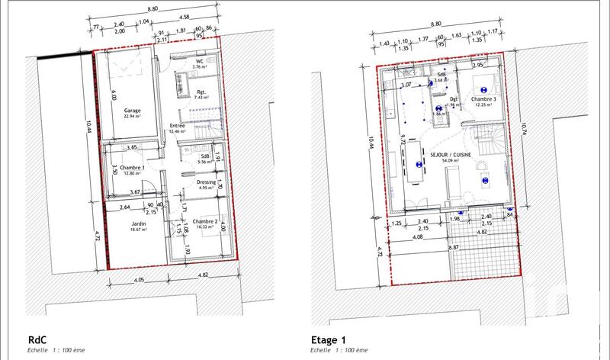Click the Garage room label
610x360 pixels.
(x=132, y=110)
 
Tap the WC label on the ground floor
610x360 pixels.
(x=199, y=60)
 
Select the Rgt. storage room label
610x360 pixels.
(x=201, y=92)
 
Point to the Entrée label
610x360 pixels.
(x=178, y=126)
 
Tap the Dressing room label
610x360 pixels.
(x=206, y=182)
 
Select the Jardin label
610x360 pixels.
(x=138, y=223)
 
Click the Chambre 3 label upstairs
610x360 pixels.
(x=484, y=99)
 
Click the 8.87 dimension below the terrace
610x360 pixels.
(x=454, y=248)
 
